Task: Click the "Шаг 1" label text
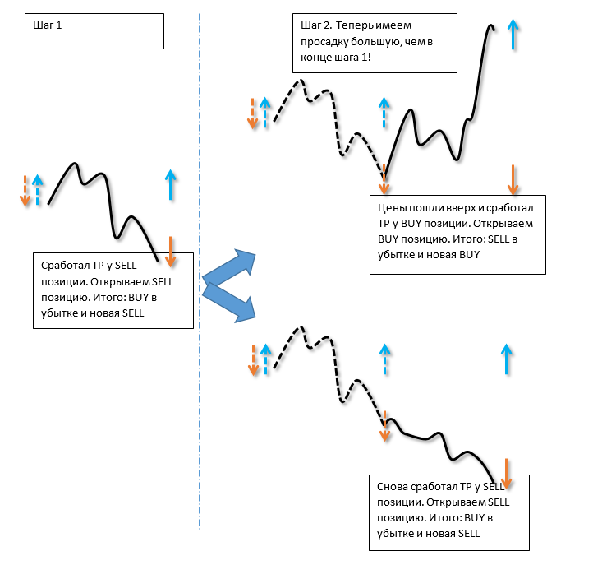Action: tap(47, 25)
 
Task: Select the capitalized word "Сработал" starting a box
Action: tap(63, 266)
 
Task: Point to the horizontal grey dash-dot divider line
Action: tap(411, 294)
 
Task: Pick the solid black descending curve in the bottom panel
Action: tap(444, 440)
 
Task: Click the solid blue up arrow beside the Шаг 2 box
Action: tap(513, 34)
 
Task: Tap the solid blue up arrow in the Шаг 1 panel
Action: tap(170, 184)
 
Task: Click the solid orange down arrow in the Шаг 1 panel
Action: tap(171, 251)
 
